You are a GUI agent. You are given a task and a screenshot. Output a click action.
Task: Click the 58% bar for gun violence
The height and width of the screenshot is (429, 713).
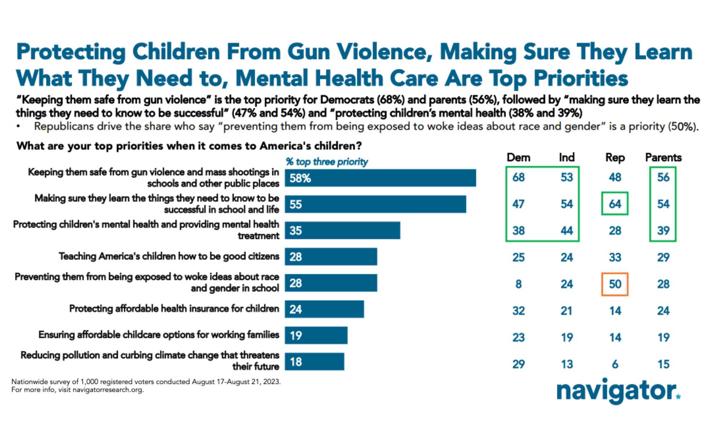point(380,178)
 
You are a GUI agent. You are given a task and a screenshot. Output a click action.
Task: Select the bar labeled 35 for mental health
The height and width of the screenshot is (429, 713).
point(342,231)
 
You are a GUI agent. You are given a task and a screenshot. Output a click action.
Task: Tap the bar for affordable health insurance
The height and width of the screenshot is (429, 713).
point(324,309)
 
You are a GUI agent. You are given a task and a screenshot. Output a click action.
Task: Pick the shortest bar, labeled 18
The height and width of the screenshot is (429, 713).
point(314,362)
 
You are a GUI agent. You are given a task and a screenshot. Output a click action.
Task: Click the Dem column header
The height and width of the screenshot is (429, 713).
point(518,158)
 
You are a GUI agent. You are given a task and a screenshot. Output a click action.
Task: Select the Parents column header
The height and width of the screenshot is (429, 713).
point(663,158)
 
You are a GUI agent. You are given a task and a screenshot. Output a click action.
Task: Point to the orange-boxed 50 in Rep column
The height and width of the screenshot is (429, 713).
point(615,284)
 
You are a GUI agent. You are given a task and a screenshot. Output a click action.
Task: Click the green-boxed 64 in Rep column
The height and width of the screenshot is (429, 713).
point(615,204)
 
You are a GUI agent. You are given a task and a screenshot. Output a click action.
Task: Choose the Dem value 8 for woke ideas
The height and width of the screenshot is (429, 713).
point(518,284)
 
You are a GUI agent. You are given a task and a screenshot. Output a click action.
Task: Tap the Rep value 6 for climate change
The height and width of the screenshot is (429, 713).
point(615,364)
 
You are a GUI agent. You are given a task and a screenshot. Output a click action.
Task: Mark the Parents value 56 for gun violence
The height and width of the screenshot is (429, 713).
point(663,177)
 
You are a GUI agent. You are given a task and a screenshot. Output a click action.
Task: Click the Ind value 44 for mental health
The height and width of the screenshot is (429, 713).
point(567,231)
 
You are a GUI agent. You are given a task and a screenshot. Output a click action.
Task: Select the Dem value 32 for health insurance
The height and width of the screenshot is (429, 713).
point(518,311)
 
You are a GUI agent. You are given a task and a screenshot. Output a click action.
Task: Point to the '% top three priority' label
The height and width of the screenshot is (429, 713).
point(326,162)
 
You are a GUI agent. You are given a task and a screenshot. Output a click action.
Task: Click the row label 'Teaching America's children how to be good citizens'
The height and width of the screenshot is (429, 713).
point(169,256)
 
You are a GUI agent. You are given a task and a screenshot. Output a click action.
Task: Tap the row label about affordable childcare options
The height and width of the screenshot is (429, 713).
point(159,335)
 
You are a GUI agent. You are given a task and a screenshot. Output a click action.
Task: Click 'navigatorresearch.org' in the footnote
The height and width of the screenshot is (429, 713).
point(108,390)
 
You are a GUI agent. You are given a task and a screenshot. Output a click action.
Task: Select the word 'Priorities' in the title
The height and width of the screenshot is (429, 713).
point(580,78)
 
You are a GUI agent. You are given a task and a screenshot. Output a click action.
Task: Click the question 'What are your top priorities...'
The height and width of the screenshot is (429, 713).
point(189,146)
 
